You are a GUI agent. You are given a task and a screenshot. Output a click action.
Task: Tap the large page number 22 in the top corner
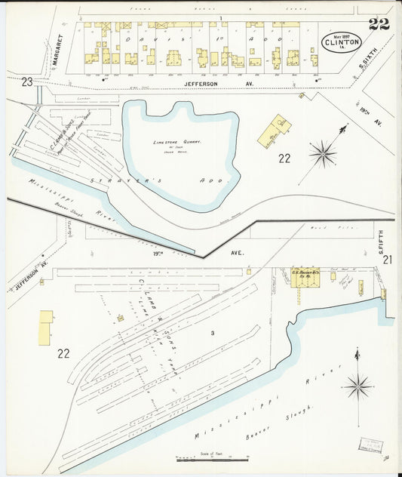pyautogui.click(x=379, y=23)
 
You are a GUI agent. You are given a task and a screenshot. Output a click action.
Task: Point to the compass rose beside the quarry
pyautogui.click(x=322, y=153)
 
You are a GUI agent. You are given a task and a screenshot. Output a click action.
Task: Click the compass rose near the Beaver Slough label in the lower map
pyautogui.click(x=358, y=385)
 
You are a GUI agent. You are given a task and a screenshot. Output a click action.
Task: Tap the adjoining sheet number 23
pyautogui.click(x=27, y=82)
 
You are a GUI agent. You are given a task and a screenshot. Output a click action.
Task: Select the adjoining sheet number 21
pyautogui.click(x=387, y=260)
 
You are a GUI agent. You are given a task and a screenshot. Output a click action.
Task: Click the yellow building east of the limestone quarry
pyautogui.click(x=275, y=132)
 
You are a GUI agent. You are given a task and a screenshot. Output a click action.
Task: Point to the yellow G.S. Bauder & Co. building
pyautogui.click(x=305, y=277)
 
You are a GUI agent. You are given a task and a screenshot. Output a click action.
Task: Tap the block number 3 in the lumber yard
pyautogui.click(x=213, y=333)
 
